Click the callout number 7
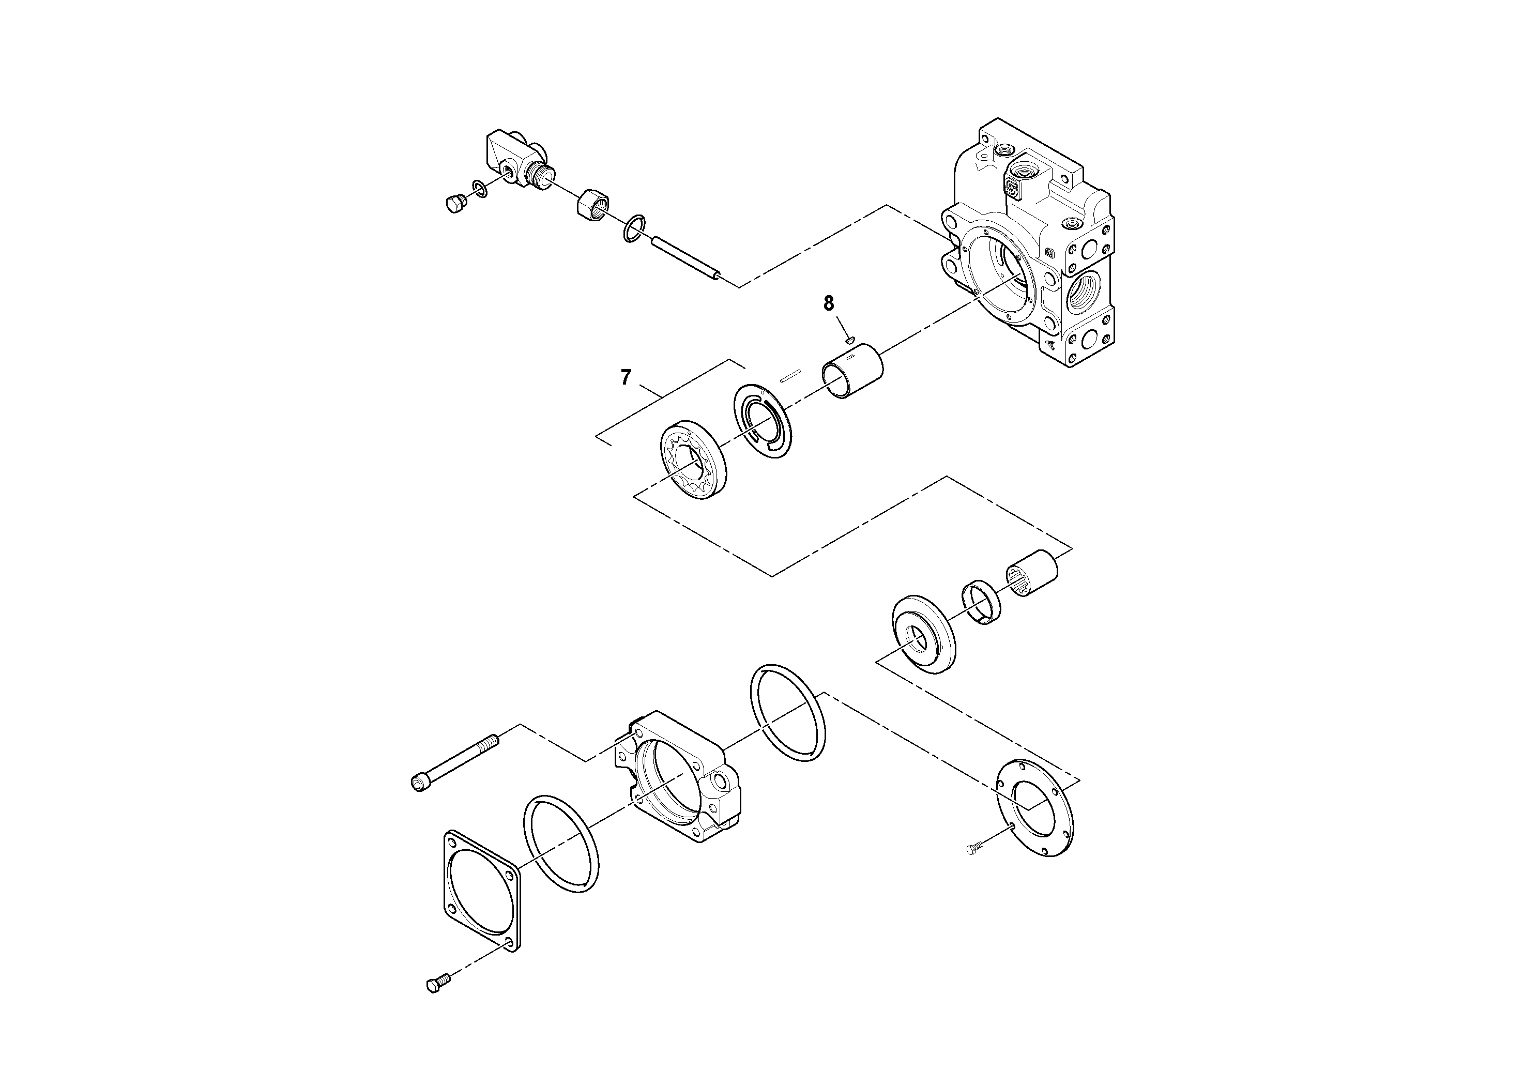626,378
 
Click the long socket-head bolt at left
454,762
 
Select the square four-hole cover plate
481,891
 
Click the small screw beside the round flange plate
976,848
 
